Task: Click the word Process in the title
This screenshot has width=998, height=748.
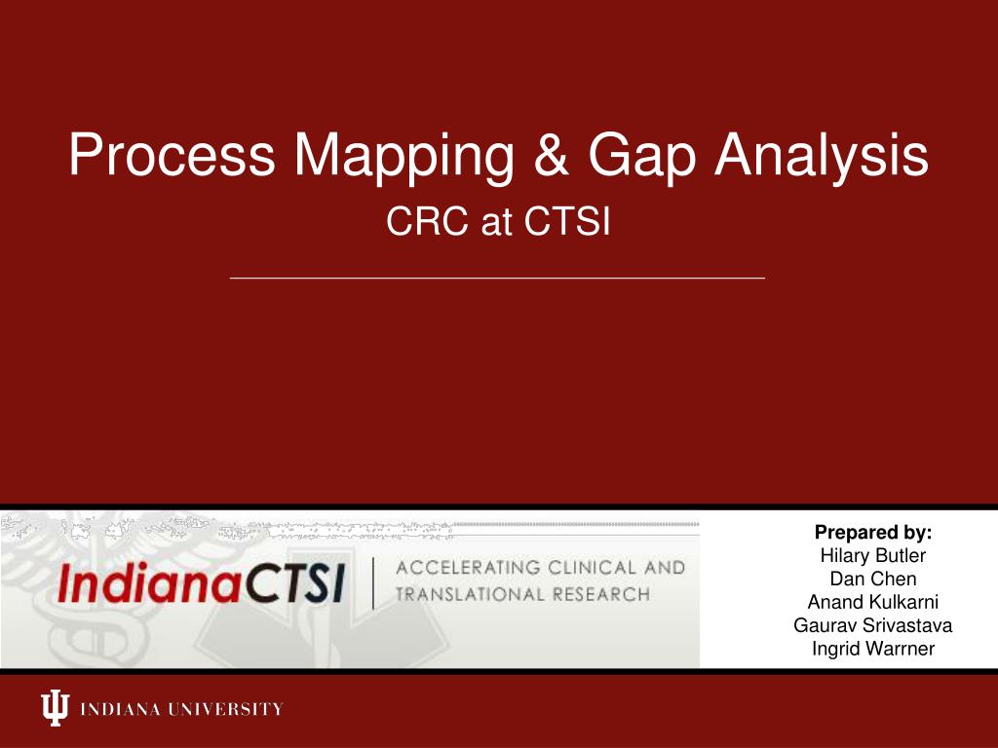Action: point(172,155)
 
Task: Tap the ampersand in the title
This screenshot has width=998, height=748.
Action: point(552,155)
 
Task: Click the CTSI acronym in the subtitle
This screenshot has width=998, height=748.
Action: point(567,221)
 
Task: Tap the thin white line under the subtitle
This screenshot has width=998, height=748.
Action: point(497,278)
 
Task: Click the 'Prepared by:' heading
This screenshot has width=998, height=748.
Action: point(872,533)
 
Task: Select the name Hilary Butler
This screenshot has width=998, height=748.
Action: point(872,555)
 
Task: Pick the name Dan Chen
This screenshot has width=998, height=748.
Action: point(872,579)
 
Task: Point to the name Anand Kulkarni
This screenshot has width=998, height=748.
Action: point(872,602)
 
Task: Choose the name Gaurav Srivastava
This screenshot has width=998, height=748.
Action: point(872,625)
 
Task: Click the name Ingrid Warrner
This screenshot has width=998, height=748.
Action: point(872,649)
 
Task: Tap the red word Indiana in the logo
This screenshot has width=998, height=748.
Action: point(149,582)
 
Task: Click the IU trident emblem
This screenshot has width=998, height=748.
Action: point(55,707)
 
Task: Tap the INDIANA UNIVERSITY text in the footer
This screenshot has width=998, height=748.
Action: point(181,709)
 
